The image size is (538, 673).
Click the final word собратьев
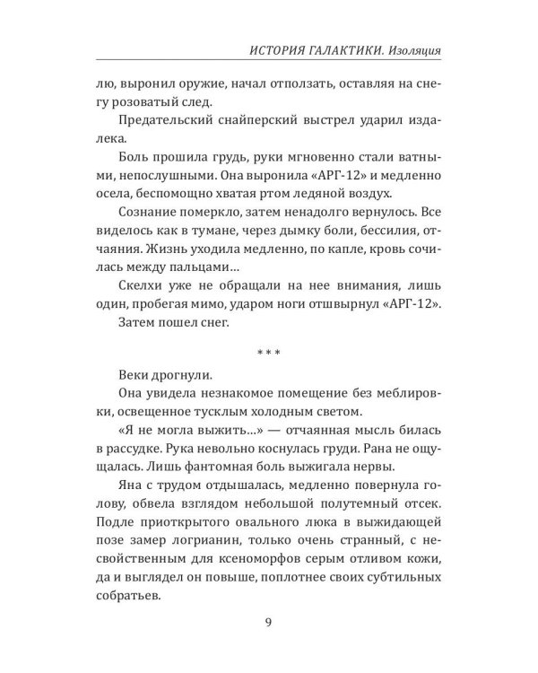point(118,597)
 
